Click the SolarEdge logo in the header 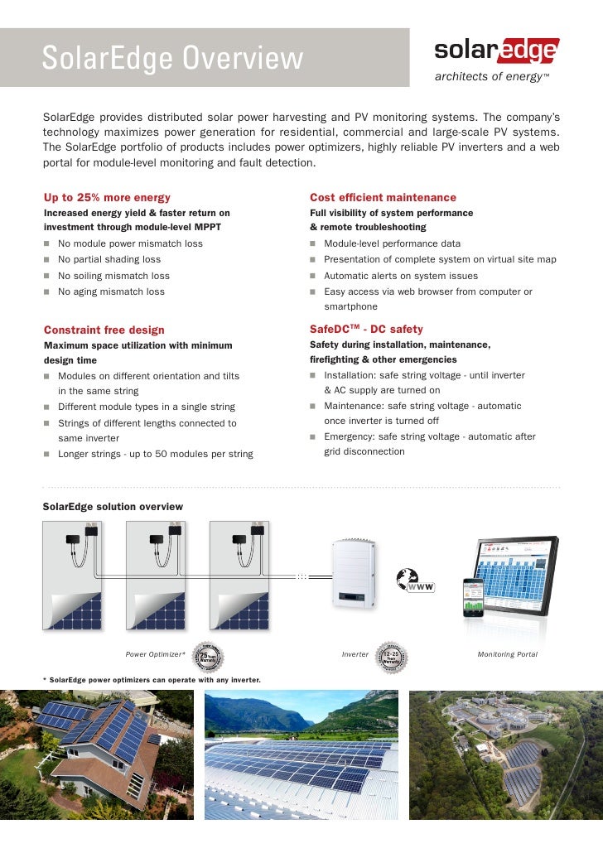click(x=496, y=53)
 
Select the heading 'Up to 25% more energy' click(x=107, y=197)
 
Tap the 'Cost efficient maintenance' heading click(x=383, y=197)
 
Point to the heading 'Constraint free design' click(x=104, y=330)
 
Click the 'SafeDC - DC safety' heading click(x=366, y=330)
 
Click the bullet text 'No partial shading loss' click(x=109, y=259)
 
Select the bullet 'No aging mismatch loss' click(x=111, y=292)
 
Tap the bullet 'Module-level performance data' click(x=392, y=243)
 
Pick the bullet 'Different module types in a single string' click(x=146, y=407)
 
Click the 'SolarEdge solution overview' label click(x=113, y=506)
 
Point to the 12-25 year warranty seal click(x=392, y=655)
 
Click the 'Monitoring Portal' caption click(x=508, y=655)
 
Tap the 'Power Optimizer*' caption click(x=155, y=655)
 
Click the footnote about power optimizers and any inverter click(x=152, y=680)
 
